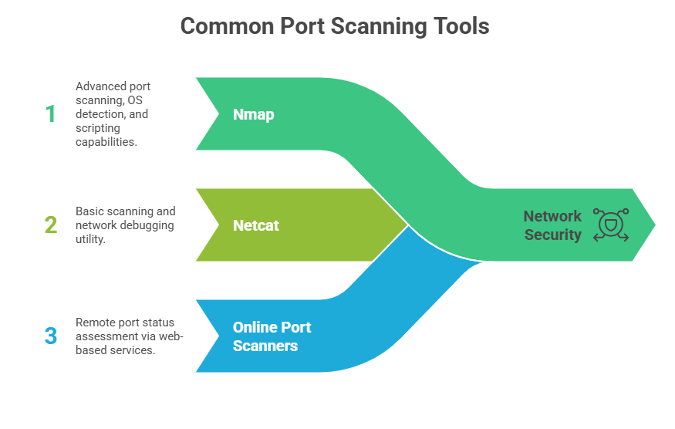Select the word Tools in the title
point(460,26)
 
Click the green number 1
point(50,114)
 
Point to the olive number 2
point(50,225)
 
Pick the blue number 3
point(50,336)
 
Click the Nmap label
point(253,114)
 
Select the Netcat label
point(256,225)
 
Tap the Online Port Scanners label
point(272,336)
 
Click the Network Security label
point(552,225)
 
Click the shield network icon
point(610,225)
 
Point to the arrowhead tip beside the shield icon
point(654,225)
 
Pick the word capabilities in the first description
point(106,142)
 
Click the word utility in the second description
point(91,239)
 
